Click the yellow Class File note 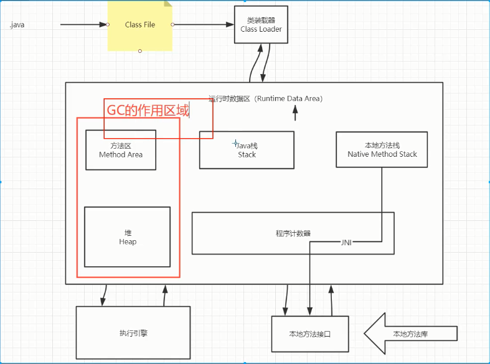pos(139,25)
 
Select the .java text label pos(17,25)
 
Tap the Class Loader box pos(261,25)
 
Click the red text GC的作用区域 pos(148,111)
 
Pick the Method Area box pos(120,150)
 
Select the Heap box pos(127,237)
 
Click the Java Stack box pos(247,150)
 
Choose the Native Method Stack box pos(382,149)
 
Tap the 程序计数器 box pos(293,233)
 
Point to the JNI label pos(346,243)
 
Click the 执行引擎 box pos(133,333)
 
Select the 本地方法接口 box pos(309,334)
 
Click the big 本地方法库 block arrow pos(410,334)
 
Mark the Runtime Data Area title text pos(265,98)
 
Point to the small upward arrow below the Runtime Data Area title pos(295,113)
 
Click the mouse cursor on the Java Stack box pos(235,142)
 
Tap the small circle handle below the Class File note pos(140,51)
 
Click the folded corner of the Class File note pos(167,4)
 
